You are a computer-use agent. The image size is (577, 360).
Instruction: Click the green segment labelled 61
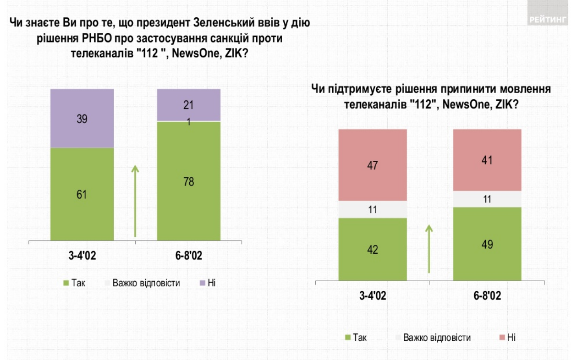tap(82, 194)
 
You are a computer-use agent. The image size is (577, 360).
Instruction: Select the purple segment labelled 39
tap(82, 119)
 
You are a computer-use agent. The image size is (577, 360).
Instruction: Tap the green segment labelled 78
tap(189, 182)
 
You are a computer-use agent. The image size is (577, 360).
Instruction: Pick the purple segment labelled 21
tap(189, 105)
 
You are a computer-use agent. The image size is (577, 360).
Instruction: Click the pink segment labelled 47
tap(372, 165)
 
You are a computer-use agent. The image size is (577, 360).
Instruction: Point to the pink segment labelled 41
tap(487, 160)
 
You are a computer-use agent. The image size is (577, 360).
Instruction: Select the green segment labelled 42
tap(372, 249)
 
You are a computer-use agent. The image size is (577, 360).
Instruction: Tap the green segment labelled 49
tap(487, 244)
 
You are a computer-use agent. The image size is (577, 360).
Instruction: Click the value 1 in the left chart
tap(189, 122)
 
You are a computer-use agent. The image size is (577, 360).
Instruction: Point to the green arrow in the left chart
tap(135, 201)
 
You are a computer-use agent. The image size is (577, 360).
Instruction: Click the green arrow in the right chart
tap(429, 249)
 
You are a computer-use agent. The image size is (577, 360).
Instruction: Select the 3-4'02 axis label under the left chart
tap(82, 256)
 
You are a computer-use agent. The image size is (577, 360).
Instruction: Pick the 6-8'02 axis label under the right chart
tap(487, 295)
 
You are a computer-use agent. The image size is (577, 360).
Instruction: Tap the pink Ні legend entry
tap(507, 337)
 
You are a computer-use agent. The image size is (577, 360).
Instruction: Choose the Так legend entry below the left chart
tap(74, 283)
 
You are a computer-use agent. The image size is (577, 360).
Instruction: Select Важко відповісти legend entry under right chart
tap(433, 338)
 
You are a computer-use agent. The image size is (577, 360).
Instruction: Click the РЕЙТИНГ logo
tap(547, 19)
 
